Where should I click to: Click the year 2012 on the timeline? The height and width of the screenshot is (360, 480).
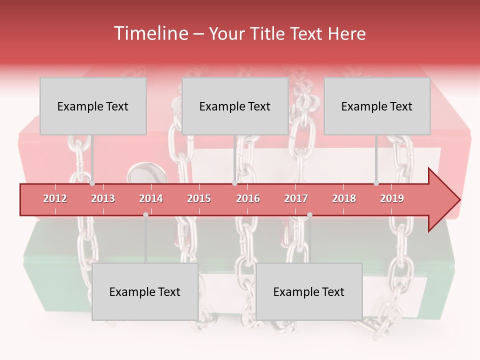(55, 198)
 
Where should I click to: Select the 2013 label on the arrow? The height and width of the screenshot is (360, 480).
(103, 198)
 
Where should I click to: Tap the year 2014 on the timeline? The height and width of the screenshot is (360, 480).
(151, 198)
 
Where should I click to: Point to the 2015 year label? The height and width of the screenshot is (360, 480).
(199, 198)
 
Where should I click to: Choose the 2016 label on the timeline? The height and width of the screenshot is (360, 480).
(248, 198)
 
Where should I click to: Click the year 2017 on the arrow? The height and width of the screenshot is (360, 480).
(296, 198)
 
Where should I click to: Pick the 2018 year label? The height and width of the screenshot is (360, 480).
(344, 198)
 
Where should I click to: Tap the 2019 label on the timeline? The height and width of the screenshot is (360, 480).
(392, 198)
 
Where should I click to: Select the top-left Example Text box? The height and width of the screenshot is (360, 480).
(93, 106)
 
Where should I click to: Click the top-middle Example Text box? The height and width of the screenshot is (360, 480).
(235, 106)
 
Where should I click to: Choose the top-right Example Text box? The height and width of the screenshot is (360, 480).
(377, 106)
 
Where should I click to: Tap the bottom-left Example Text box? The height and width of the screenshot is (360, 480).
(145, 291)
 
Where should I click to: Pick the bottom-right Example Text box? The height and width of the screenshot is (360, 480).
(309, 291)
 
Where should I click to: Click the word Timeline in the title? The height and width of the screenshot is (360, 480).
(150, 33)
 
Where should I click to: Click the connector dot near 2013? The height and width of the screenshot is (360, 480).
(92, 183)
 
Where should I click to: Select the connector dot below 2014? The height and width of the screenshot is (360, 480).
(145, 214)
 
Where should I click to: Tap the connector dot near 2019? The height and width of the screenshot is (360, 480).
(376, 183)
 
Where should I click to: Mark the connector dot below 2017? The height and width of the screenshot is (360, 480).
(309, 214)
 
